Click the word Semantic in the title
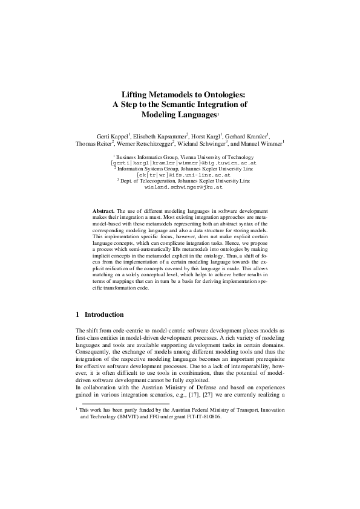point(189,104)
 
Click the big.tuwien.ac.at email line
point(180,163)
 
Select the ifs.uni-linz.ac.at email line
point(180,175)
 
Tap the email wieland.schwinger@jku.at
point(180,187)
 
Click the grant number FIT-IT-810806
point(200,416)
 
